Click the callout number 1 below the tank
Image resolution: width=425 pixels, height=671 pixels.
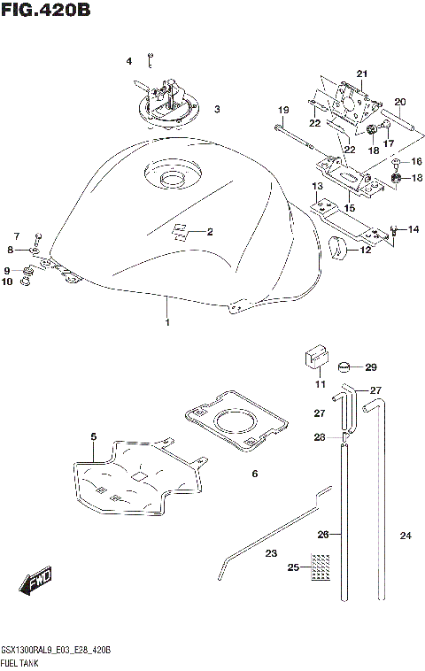[x=166, y=324]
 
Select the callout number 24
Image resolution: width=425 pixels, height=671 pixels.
[x=406, y=536]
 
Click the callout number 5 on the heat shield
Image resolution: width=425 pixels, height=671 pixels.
[x=92, y=436]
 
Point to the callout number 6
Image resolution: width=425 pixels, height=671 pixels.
[x=254, y=474]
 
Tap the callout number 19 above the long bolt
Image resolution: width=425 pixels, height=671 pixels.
[x=283, y=110]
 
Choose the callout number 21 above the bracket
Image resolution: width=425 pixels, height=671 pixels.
[x=361, y=73]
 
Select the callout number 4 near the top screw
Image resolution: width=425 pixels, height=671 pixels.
[x=128, y=61]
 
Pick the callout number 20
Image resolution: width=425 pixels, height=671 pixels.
[x=399, y=102]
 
